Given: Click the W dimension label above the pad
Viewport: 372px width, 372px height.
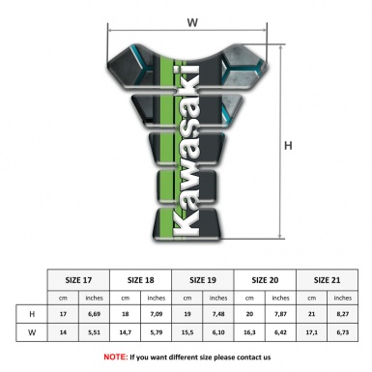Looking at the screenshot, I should [192, 19].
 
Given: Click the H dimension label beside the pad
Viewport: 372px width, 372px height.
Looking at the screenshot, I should [287, 147].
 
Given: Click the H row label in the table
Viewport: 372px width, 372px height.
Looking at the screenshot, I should [32, 314].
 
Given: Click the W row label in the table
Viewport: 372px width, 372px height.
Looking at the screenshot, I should [32, 332].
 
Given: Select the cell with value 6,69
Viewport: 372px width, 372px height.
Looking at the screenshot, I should [95, 314].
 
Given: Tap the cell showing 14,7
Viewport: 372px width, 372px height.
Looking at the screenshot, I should [126, 332].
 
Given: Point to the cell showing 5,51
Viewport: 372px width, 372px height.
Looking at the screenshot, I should [95, 332].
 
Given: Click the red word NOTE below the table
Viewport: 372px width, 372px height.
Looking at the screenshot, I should [115, 357].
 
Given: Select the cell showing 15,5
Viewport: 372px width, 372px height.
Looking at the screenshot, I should [188, 332].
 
